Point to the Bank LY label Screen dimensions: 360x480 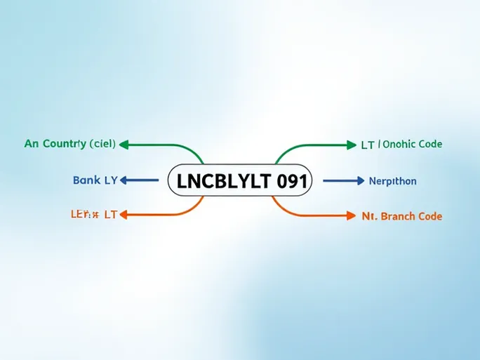pos(95,180)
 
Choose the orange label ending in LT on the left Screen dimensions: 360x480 pos(93,215)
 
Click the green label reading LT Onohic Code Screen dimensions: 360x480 pos(401,145)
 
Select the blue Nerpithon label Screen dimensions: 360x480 pos(392,181)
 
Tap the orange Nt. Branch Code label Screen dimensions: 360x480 pos(401,216)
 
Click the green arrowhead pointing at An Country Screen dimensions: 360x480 pos(124,145)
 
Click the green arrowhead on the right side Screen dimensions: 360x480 pos(352,145)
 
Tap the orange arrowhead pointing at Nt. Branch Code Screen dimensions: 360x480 pos(351,215)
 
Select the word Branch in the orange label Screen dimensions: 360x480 pos(401,216)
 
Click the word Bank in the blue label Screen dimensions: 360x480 pos(86,180)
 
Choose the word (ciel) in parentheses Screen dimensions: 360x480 pos(102,144)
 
